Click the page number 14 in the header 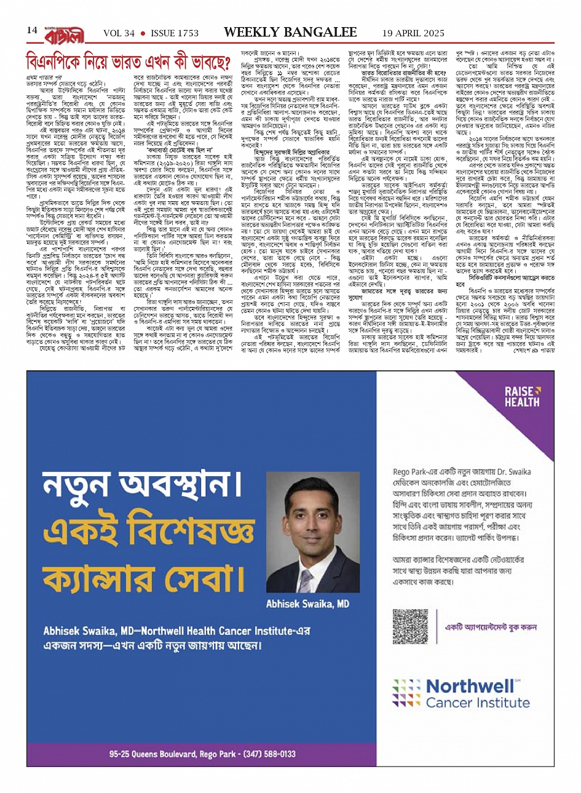[32, 31]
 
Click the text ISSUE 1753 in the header [175, 33]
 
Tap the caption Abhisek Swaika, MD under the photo [307, 604]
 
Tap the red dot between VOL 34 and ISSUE [142, 33]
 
